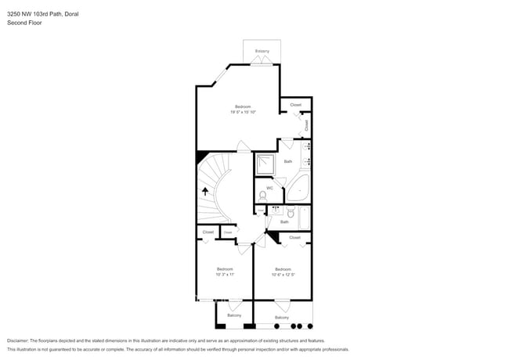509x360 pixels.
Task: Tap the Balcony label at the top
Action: tap(262, 52)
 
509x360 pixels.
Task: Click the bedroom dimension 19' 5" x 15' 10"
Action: tap(243, 112)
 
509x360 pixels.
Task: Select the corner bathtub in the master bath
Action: tap(298, 189)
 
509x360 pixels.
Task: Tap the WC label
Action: tap(269, 188)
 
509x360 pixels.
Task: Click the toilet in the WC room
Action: tap(262, 195)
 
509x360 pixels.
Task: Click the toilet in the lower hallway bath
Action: tap(291, 213)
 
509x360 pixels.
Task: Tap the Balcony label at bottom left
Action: tap(234, 315)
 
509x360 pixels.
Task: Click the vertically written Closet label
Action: tap(306, 124)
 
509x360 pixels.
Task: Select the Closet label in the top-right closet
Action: tap(295, 104)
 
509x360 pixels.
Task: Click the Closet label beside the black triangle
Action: tap(294, 236)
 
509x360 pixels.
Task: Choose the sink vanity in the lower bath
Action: tap(276, 210)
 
